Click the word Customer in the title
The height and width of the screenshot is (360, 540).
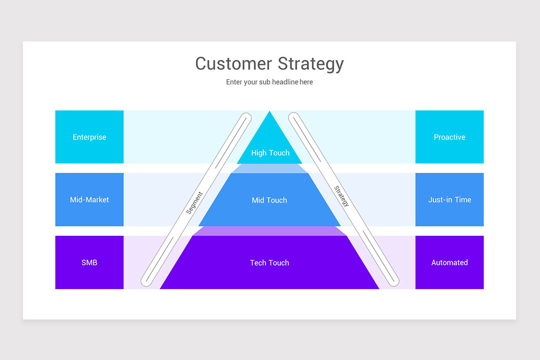pos(234,63)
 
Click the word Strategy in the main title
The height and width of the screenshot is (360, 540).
pos(310,64)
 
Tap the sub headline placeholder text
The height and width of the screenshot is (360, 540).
pos(269,82)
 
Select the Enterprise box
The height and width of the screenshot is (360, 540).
pos(89,137)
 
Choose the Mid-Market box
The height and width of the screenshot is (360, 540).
pos(89,199)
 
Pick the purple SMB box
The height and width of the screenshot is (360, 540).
pos(89,262)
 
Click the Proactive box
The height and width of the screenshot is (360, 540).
pos(449,137)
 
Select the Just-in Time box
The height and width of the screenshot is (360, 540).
pos(449,199)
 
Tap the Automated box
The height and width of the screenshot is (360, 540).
pos(449,262)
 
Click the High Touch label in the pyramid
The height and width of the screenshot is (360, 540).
pos(270,153)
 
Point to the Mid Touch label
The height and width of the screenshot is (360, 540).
pos(269,200)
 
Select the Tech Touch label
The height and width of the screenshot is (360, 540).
pos(269,263)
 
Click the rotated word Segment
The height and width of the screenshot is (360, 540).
pos(194,202)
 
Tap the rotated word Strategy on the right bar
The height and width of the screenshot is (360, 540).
pos(342,196)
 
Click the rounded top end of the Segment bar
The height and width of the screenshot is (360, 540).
pos(245,118)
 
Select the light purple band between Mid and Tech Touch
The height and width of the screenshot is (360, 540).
pos(269,231)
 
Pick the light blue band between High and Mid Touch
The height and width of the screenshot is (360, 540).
pos(269,168)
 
